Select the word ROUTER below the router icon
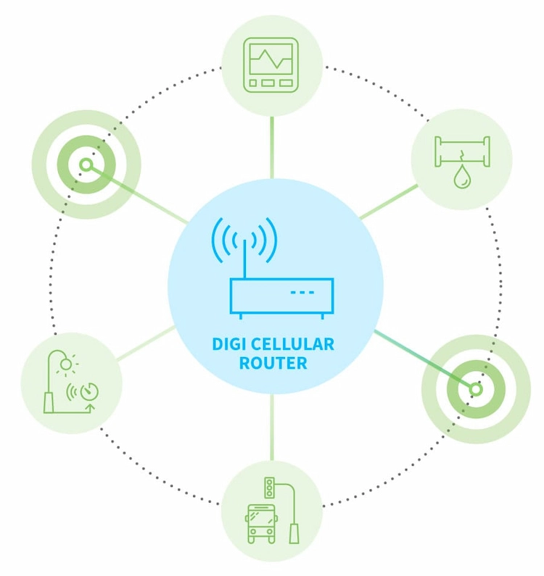pyautogui.click(x=273, y=363)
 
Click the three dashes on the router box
pyautogui.click(x=302, y=293)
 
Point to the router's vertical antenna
pyautogui.click(x=244, y=259)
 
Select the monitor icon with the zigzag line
pyautogui.click(x=271, y=65)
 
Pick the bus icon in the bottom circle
pyautogui.click(x=261, y=524)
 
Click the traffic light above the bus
pyautogui.click(x=270, y=488)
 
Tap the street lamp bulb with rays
pyautogui.click(x=66, y=364)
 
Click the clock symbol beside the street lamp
pyautogui.click(x=89, y=391)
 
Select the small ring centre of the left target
pyautogui.click(x=86, y=165)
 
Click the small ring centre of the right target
pyautogui.click(x=476, y=389)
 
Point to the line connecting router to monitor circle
pyautogui.click(x=272, y=148)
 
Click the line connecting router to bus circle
pyautogui.click(x=272, y=427)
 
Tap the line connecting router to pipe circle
pyautogui.click(x=389, y=201)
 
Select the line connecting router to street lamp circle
pyautogui.click(x=146, y=343)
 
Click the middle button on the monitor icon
pyautogui.click(x=268, y=83)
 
